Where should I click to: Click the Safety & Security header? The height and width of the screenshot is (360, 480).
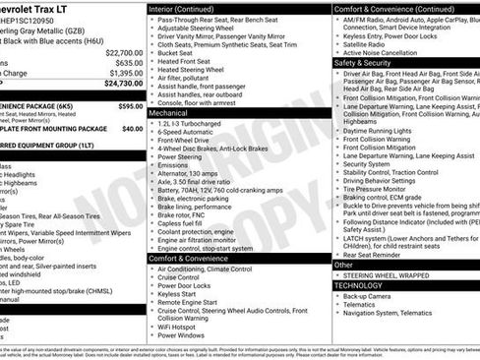coord(363,61)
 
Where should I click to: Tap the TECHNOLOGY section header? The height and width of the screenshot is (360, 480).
coord(362,285)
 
